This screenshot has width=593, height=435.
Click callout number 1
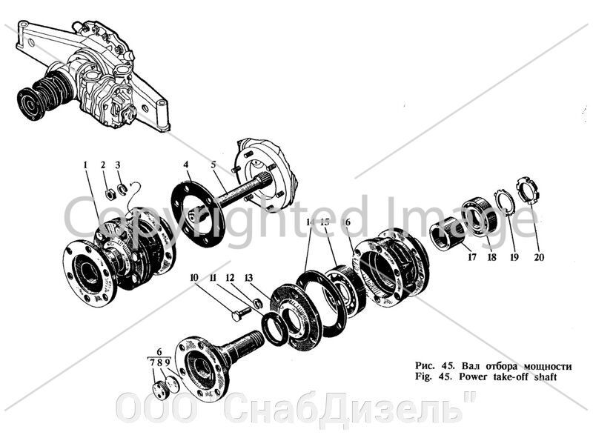coord(85,164)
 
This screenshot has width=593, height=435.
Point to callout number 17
coord(471,259)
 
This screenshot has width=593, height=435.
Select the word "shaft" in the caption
coord(542,377)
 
